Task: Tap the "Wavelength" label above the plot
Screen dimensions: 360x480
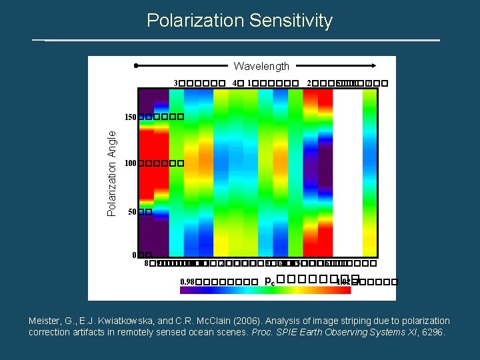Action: click(x=261, y=66)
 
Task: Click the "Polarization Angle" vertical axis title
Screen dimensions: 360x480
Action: click(x=113, y=173)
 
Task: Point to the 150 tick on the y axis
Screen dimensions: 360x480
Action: click(x=130, y=117)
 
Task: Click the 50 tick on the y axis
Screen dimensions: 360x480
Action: click(x=132, y=212)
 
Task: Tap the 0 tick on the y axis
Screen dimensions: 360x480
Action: click(x=134, y=255)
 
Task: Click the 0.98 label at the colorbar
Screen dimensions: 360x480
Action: click(x=187, y=282)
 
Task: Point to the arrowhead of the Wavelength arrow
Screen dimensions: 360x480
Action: click(x=378, y=66)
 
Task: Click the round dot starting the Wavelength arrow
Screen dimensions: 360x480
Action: click(x=136, y=66)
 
